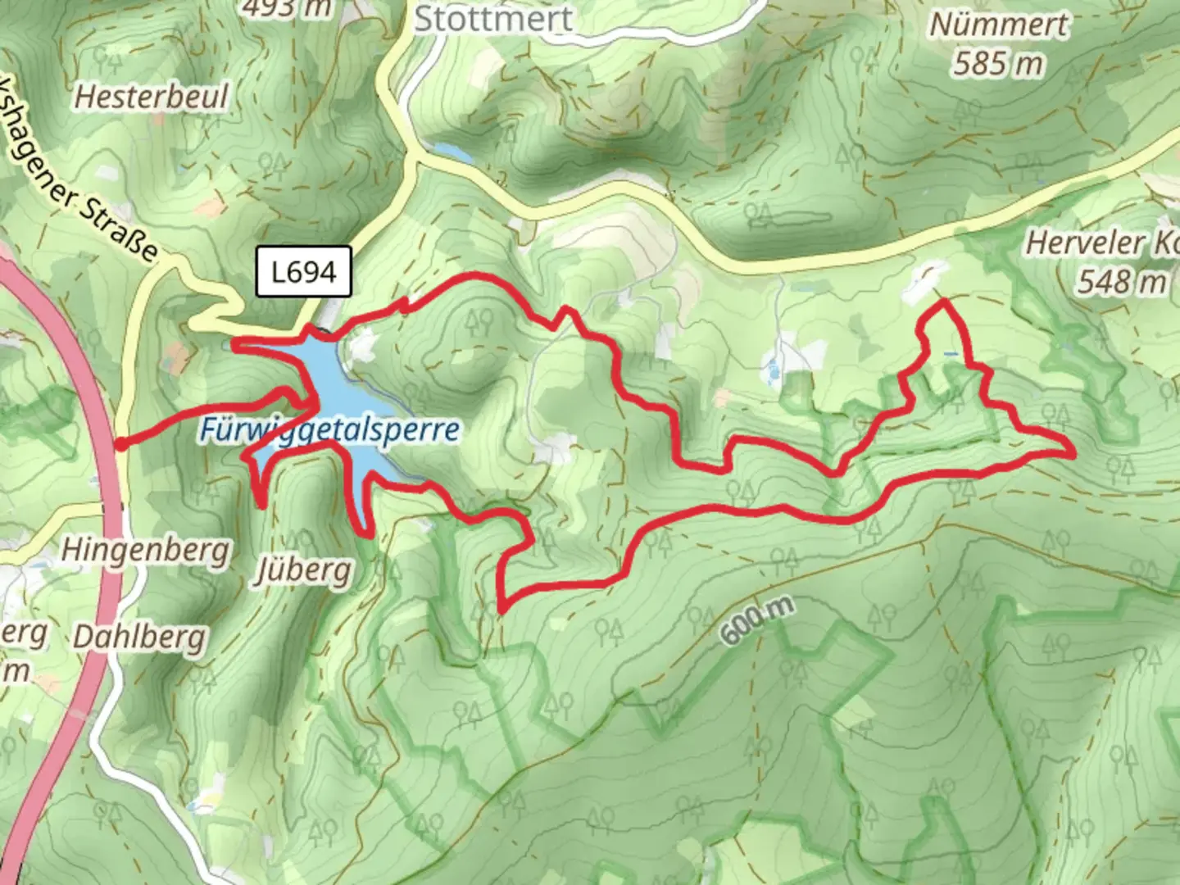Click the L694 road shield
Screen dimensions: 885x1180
coord(304,271)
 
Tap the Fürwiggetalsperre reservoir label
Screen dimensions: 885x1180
coord(328,429)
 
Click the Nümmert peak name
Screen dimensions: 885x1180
coord(998,25)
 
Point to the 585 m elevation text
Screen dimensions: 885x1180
coord(998,63)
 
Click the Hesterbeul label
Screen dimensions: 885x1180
coord(152,97)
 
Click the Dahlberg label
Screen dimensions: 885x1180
coord(139,637)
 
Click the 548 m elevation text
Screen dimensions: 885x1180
coord(1121,282)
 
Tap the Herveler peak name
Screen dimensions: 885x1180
coord(1098,243)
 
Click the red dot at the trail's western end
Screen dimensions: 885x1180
coord(120,444)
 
